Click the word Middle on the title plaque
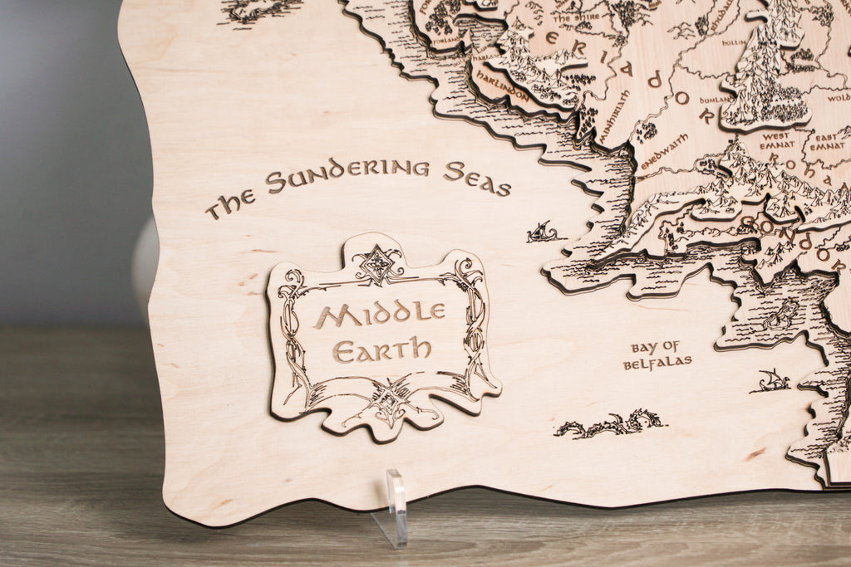click(x=379, y=314)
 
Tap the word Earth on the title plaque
click(x=382, y=348)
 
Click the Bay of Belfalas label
click(x=657, y=355)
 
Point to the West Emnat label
click(x=775, y=140)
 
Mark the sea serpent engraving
click(x=611, y=424)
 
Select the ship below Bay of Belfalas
click(x=770, y=381)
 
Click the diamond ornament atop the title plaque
click(x=377, y=264)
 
